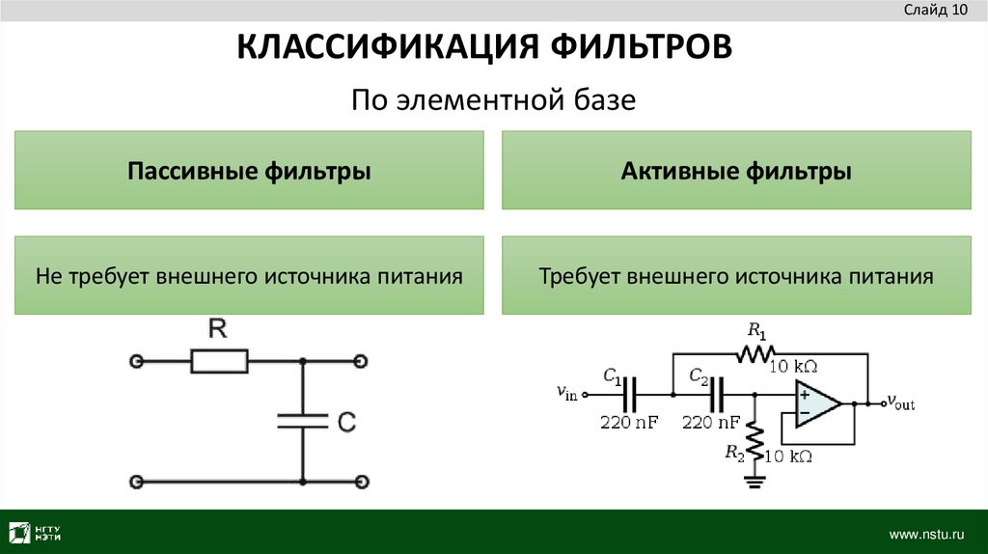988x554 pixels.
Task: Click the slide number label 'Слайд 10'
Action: [935, 12]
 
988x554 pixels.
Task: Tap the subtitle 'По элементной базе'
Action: [493, 99]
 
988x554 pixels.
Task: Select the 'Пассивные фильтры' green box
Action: [249, 172]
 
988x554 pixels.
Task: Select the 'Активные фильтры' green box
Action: [736, 172]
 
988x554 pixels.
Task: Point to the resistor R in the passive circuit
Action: [219, 362]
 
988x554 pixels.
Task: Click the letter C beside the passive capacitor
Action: [347, 422]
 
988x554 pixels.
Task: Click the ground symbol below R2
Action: [755, 479]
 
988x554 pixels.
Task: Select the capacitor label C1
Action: [613, 374]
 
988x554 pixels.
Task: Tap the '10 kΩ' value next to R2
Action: [787, 456]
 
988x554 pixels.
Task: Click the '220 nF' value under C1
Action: [628, 423]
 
